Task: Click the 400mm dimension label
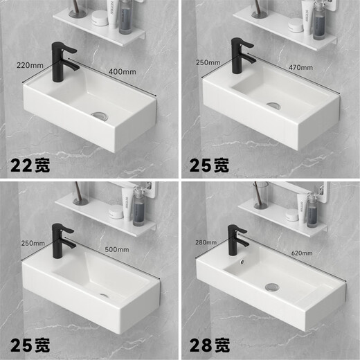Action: click(122, 71)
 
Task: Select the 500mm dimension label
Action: click(116, 249)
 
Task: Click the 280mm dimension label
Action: click(206, 242)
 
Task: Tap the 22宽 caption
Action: click(30, 166)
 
